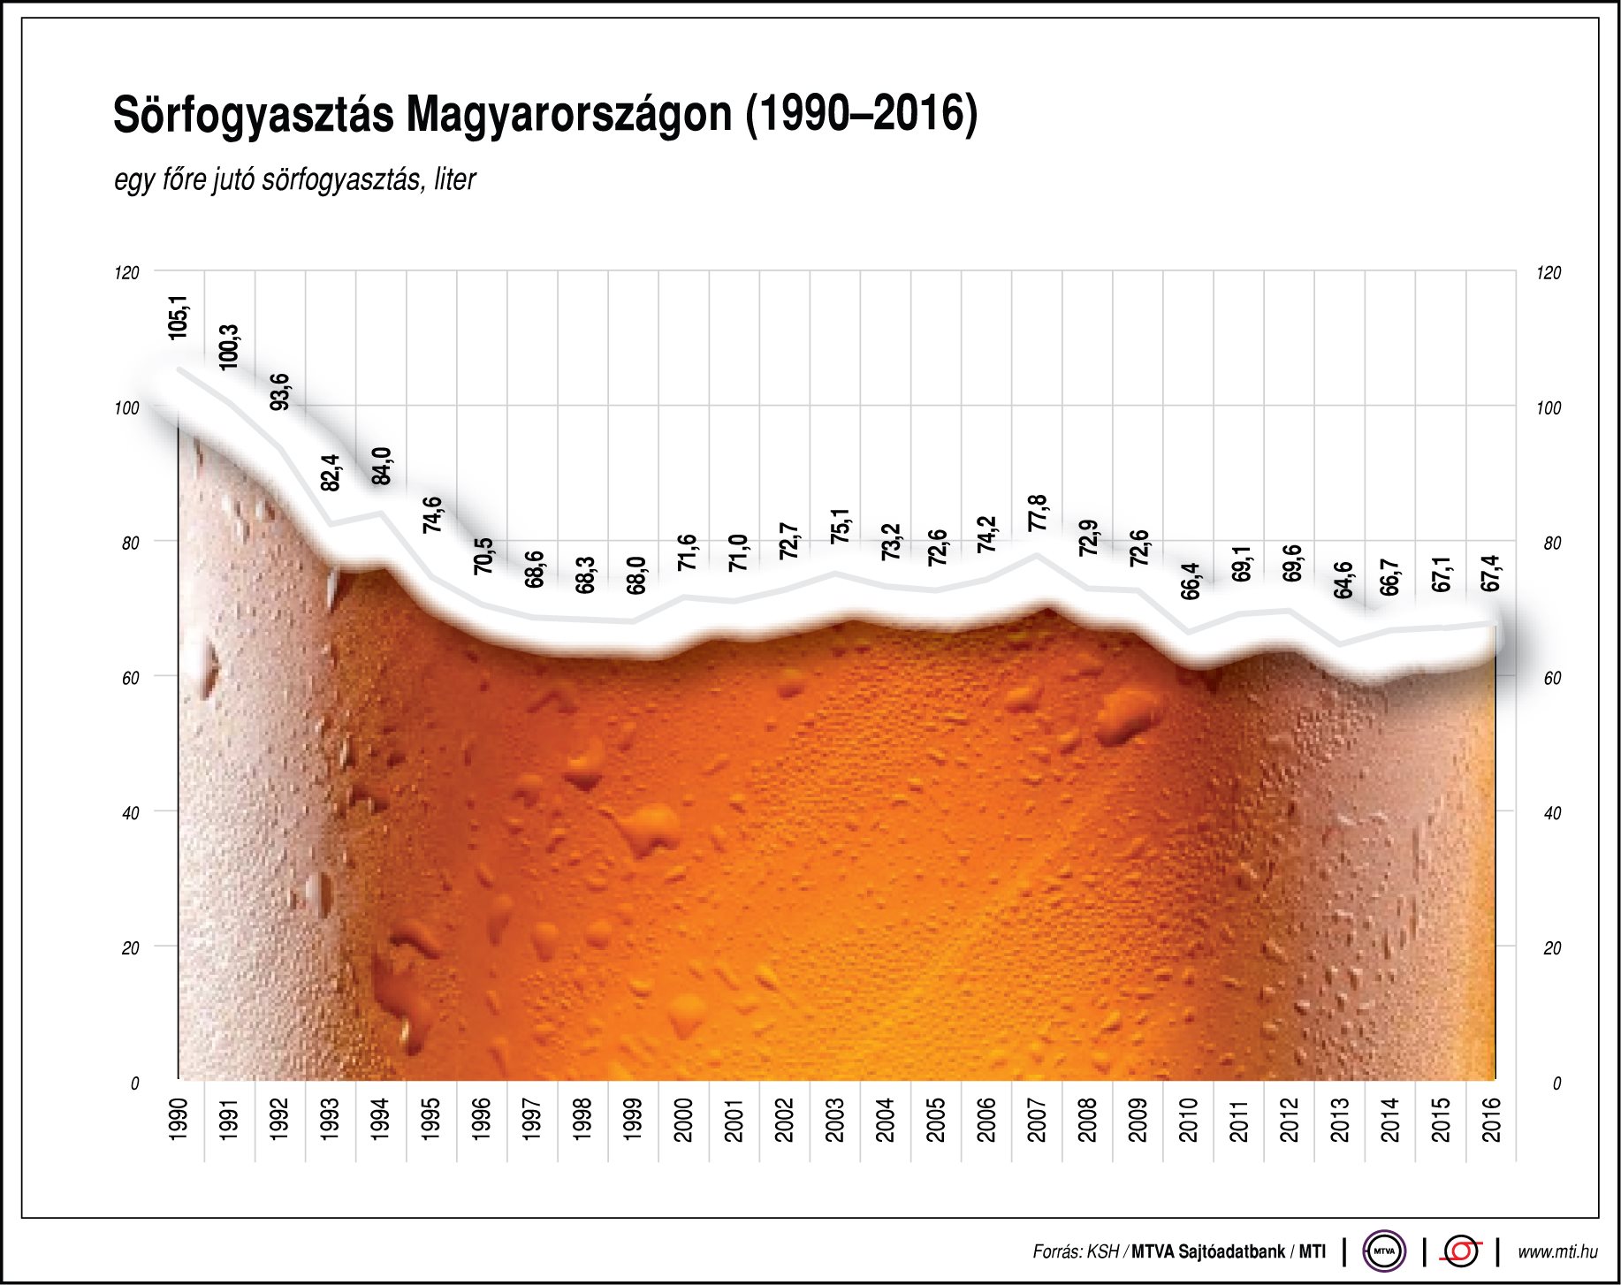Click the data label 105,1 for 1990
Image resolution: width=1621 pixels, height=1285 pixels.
click(x=179, y=317)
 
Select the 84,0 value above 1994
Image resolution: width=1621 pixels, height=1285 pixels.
click(x=381, y=466)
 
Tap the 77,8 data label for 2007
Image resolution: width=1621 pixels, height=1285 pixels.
click(x=1038, y=513)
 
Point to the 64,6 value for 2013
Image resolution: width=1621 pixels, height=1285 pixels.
click(x=1343, y=580)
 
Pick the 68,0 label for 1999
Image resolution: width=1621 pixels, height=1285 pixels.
click(x=636, y=575)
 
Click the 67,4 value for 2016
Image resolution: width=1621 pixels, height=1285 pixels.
click(x=1491, y=574)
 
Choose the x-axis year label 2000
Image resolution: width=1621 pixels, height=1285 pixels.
click(x=684, y=1119)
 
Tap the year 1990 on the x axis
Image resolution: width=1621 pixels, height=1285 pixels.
click(x=179, y=1119)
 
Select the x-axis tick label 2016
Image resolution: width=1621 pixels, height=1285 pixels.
click(x=1492, y=1119)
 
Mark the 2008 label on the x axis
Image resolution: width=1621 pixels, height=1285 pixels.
click(x=1088, y=1119)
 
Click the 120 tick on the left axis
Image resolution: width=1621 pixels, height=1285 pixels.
click(x=127, y=273)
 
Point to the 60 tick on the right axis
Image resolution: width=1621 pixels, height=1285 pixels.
click(x=1552, y=679)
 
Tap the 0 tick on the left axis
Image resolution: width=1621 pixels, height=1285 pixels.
click(x=134, y=1084)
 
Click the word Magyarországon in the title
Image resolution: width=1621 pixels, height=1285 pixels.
click(x=569, y=115)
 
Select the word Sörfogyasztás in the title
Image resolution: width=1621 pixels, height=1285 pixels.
click(x=253, y=115)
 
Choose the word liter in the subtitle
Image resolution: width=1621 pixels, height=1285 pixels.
click(x=454, y=179)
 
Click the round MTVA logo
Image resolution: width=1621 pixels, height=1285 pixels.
click(x=1383, y=1251)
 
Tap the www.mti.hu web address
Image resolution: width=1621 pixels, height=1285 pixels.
click(x=1557, y=1251)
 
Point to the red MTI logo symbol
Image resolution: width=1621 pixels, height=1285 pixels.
click(x=1461, y=1251)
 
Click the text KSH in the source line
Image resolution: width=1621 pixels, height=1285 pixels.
click(x=1102, y=1251)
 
